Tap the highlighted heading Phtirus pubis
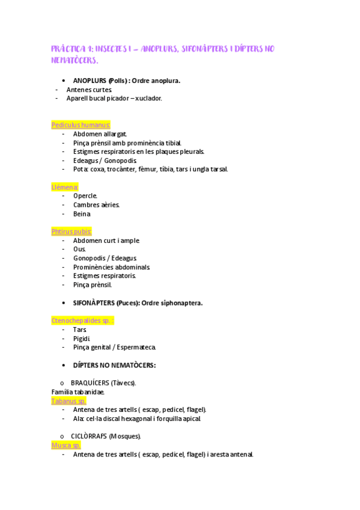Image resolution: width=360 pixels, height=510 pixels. (x=72, y=232)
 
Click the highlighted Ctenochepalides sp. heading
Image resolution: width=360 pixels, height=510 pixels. (x=82, y=321)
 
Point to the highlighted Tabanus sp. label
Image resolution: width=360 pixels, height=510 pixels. (x=69, y=401)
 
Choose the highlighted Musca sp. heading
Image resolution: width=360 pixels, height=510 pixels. (x=66, y=445)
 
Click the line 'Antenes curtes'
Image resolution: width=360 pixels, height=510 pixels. (x=89, y=90)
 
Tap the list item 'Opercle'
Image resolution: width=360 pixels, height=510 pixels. (x=85, y=196)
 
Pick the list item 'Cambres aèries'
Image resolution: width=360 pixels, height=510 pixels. (x=96, y=205)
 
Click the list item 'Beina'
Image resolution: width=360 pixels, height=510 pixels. (x=82, y=214)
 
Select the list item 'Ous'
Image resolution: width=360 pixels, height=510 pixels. (x=79, y=249)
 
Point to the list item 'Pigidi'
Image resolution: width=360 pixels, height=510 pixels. (x=82, y=338)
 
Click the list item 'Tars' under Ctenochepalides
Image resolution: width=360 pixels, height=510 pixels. (x=79, y=330)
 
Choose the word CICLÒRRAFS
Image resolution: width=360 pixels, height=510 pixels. (x=90, y=436)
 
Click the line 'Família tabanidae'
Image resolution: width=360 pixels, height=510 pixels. (x=78, y=392)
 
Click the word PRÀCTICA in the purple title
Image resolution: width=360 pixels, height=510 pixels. (x=70, y=49)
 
